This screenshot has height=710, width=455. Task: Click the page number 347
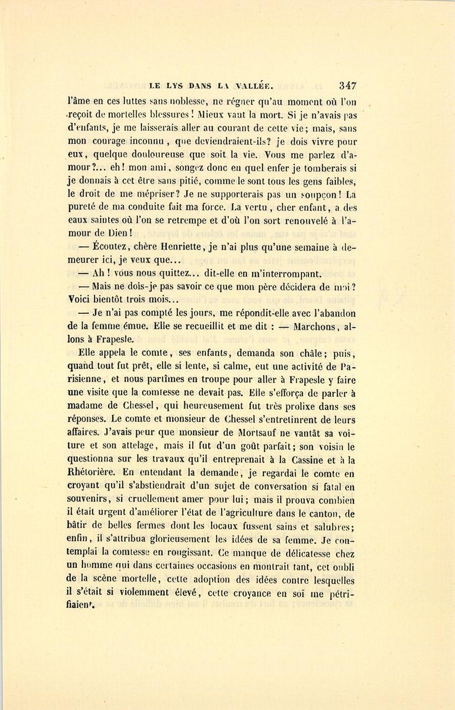348,85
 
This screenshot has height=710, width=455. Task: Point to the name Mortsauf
259,433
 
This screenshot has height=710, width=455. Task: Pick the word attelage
140,446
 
